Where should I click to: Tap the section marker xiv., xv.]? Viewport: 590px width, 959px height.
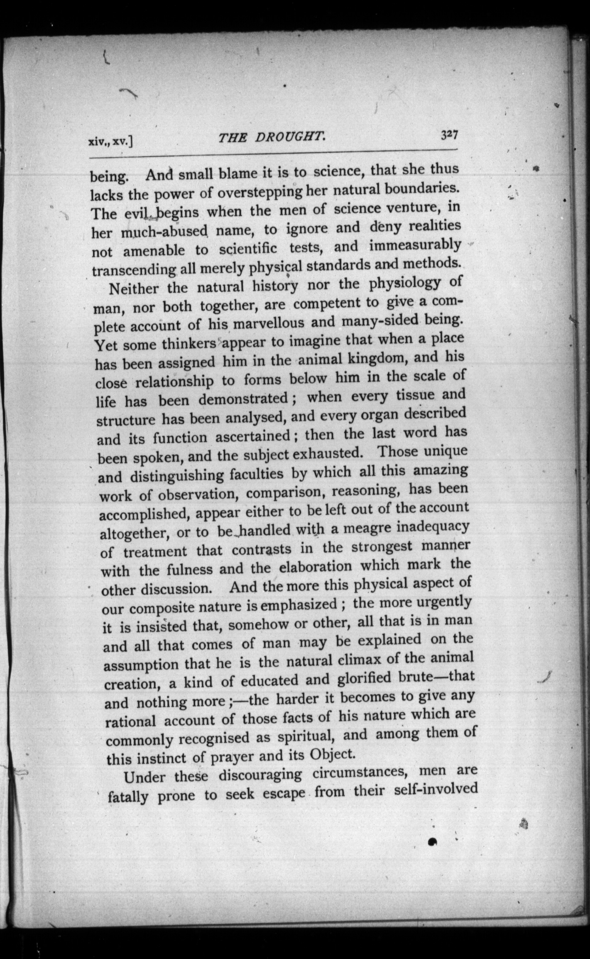(x=111, y=143)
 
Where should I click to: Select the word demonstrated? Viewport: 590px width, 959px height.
(x=243, y=399)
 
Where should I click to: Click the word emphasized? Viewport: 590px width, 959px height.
(x=298, y=606)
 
